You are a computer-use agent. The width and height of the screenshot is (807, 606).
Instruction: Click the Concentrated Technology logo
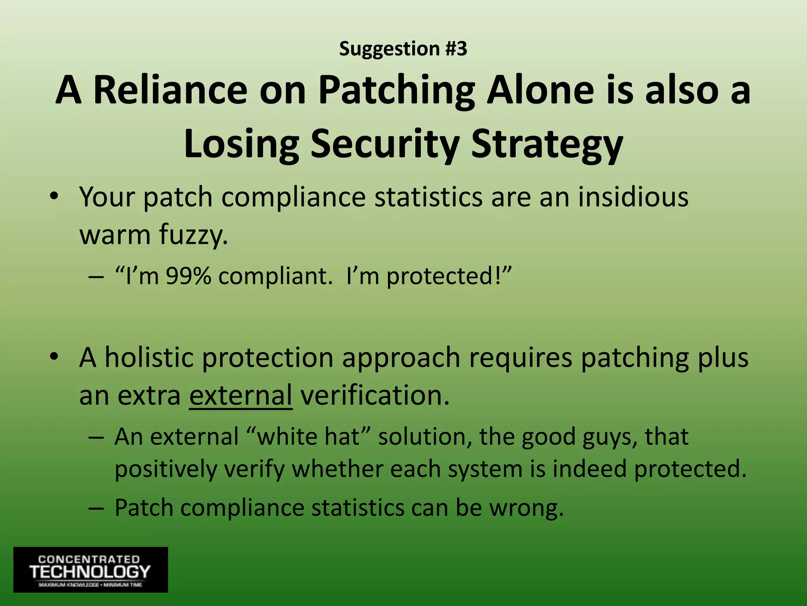tap(91, 569)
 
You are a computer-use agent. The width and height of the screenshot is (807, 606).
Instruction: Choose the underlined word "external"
tap(240, 395)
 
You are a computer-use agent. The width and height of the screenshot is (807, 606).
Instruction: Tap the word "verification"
tap(374, 395)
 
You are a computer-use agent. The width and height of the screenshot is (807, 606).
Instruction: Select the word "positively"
tap(166, 469)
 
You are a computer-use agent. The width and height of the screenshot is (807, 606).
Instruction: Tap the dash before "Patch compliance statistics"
tap(96, 508)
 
